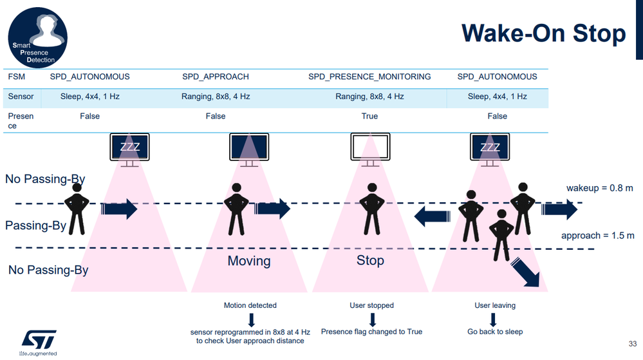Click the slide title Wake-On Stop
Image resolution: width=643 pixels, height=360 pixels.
point(544,33)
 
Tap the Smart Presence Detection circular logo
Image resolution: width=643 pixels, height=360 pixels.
point(37,37)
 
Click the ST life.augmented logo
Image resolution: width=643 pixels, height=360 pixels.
point(39,341)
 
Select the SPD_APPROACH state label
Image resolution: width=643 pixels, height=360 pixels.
point(215,77)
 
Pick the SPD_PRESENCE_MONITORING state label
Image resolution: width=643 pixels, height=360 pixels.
point(369,77)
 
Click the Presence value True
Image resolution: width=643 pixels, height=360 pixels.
point(369,117)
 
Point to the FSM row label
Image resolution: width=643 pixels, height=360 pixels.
point(17,77)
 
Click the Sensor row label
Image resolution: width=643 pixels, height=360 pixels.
point(21,97)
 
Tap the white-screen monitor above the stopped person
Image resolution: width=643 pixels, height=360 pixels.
point(370,147)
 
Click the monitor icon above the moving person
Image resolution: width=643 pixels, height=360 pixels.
point(249,147)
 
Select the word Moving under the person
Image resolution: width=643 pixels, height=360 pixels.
point(249,261)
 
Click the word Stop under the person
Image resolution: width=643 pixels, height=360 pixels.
point(370,261)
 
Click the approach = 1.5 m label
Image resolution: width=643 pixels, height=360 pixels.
point(598,236)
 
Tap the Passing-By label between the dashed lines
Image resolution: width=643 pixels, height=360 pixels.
point(35,226)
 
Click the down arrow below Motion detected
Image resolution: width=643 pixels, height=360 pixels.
point(250,319)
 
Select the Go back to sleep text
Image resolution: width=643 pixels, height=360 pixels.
point(495,332)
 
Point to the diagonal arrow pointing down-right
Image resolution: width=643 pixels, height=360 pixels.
point(527,272)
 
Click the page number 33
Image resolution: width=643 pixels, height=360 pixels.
point(631,343)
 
